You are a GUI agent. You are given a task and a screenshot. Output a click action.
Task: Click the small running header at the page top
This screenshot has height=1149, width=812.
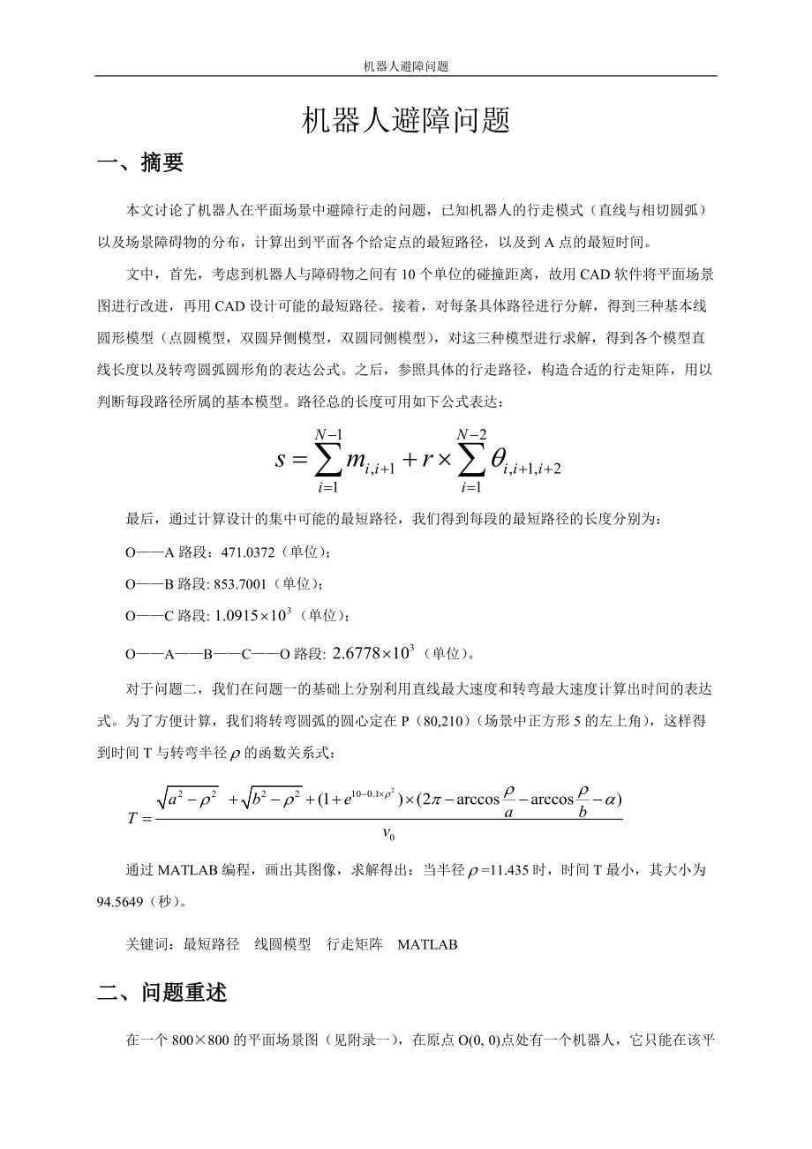click(406, 65)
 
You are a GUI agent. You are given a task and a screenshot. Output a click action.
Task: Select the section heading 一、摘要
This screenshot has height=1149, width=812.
click(140, 162)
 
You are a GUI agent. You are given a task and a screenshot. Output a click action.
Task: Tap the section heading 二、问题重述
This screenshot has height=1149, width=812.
click(162, 993)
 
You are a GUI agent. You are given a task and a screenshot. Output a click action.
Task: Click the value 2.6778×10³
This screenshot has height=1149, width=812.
click(373, 653)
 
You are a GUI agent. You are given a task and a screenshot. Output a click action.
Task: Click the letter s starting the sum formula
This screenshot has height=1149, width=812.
click(282, 460)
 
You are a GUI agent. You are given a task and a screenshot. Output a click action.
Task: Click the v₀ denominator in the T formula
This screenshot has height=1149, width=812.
click(389, 833)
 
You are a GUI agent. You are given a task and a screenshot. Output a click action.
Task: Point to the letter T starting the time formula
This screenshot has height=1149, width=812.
click(134, 817)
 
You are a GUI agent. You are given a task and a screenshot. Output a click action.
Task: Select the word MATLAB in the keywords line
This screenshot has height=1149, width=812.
click(427, 944)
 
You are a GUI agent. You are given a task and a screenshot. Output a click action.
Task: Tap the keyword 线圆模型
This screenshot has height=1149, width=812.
click(283, 944)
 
